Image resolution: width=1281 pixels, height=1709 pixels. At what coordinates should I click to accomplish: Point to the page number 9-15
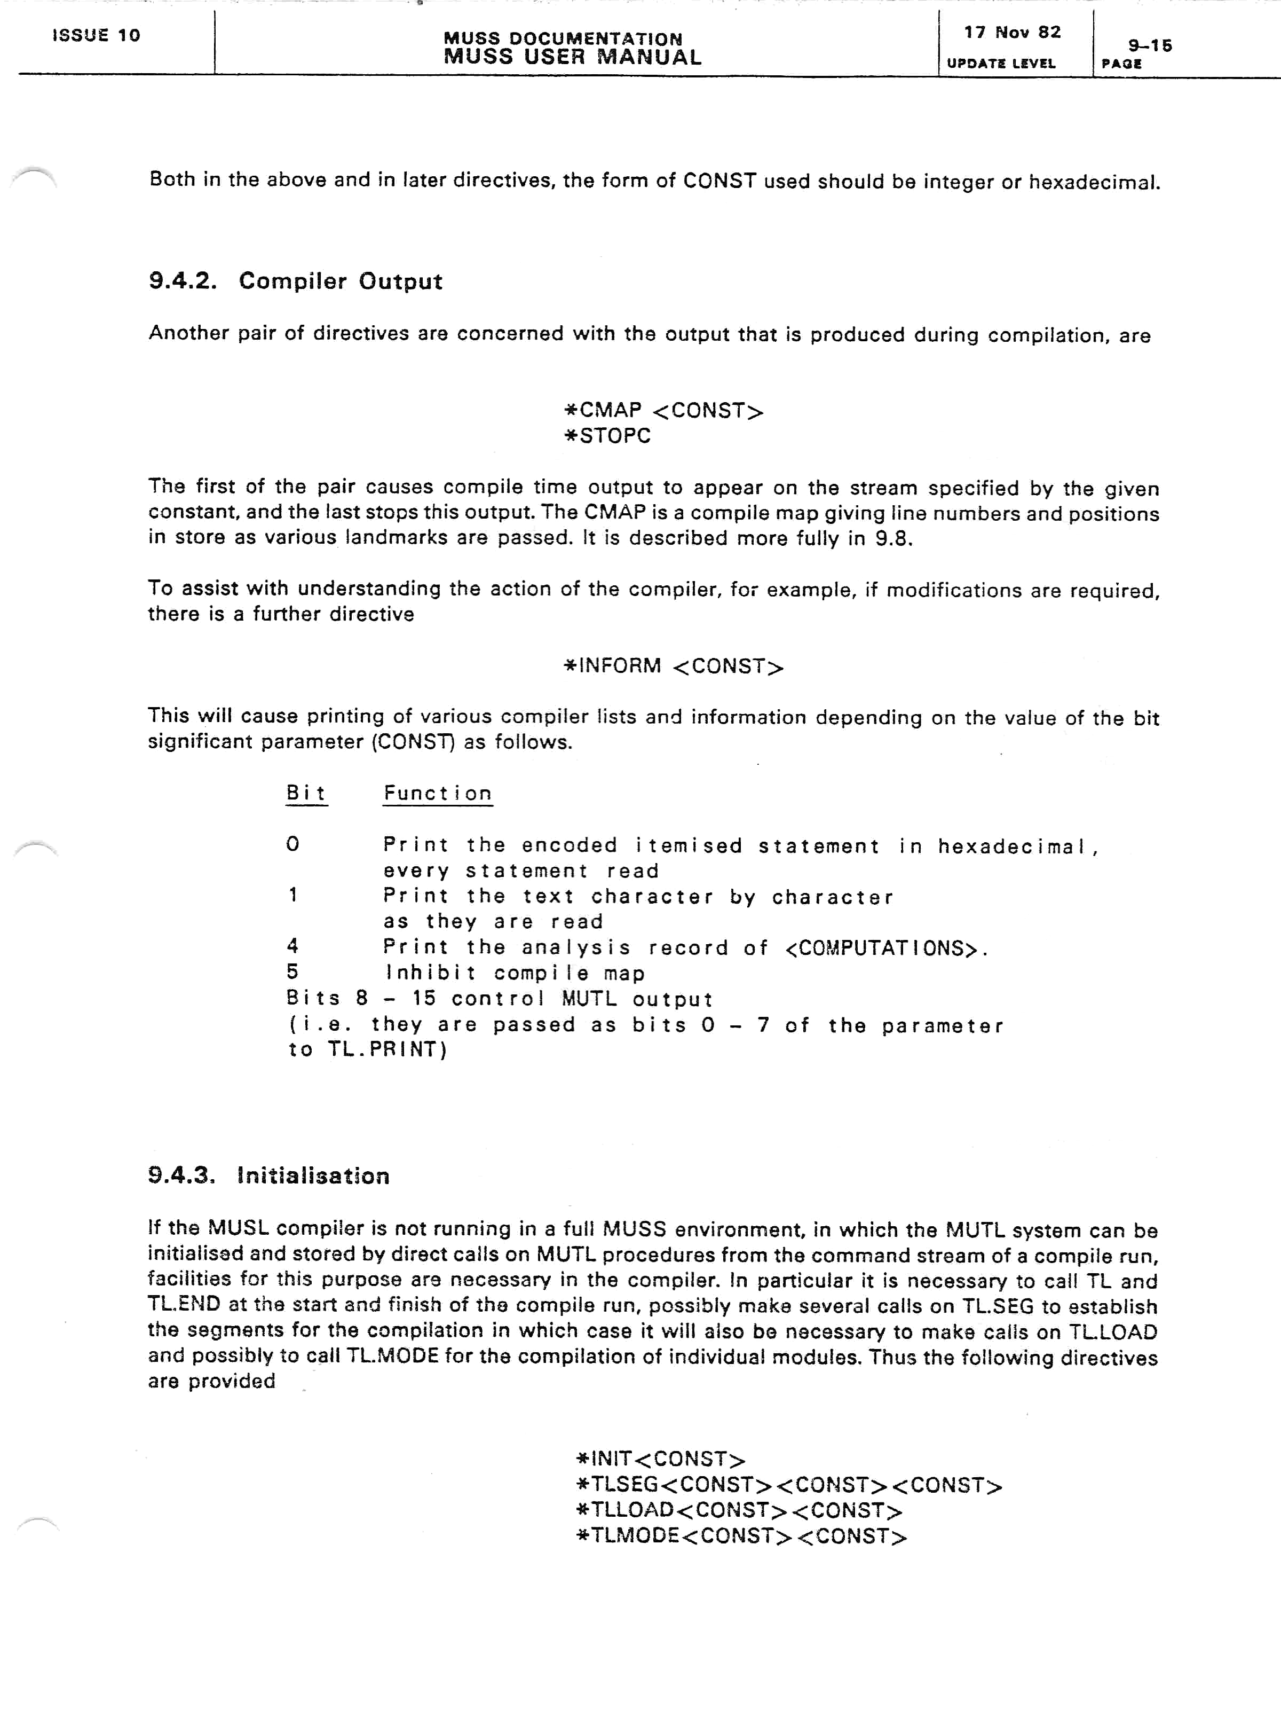coord(1150,45)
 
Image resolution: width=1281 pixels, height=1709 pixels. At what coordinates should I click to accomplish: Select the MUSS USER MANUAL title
coord(572,57)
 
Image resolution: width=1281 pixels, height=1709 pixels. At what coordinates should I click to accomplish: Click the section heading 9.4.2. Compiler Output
coord(295,281)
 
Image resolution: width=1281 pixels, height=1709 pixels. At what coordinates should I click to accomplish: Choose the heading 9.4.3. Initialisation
coord(268,1176)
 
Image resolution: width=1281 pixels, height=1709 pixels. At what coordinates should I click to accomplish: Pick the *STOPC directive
coord(608,436)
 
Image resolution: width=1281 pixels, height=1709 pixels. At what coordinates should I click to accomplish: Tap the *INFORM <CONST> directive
coord(673,666)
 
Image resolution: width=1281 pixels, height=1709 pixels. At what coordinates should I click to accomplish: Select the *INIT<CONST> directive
coord(661,1460)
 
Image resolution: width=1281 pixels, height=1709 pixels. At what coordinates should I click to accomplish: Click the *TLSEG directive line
coord(789,1485)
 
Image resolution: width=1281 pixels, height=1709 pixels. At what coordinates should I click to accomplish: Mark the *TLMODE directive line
coord(741,1536)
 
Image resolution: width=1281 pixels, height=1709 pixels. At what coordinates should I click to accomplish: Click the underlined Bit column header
coord(306,794)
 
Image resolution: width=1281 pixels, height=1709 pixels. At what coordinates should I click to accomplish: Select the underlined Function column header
coord(438,794)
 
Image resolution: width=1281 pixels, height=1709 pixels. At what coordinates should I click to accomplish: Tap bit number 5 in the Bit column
coord(292,972)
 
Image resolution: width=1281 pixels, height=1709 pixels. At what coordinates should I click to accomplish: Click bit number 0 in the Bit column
coord(292,844)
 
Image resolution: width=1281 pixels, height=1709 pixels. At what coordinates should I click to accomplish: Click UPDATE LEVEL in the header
coord(1001,64)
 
